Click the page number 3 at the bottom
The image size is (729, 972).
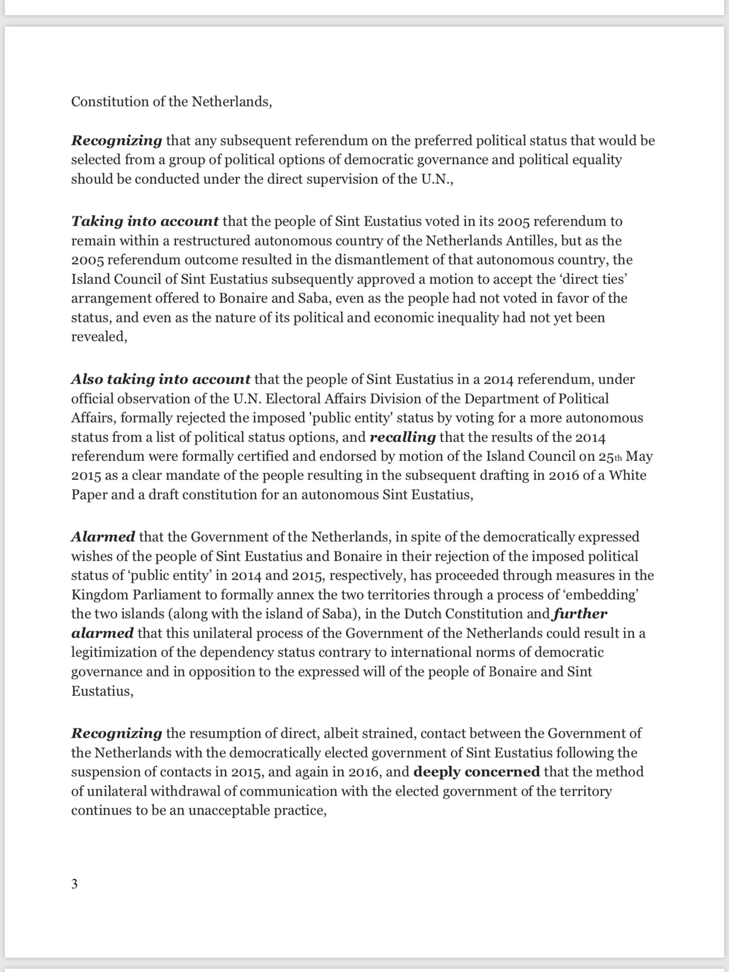[x=74, y=884]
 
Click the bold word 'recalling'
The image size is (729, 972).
[x=403, y=437]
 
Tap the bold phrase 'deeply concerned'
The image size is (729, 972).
[x=476, y=772]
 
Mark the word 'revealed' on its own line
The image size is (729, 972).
[x=98, y=337]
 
